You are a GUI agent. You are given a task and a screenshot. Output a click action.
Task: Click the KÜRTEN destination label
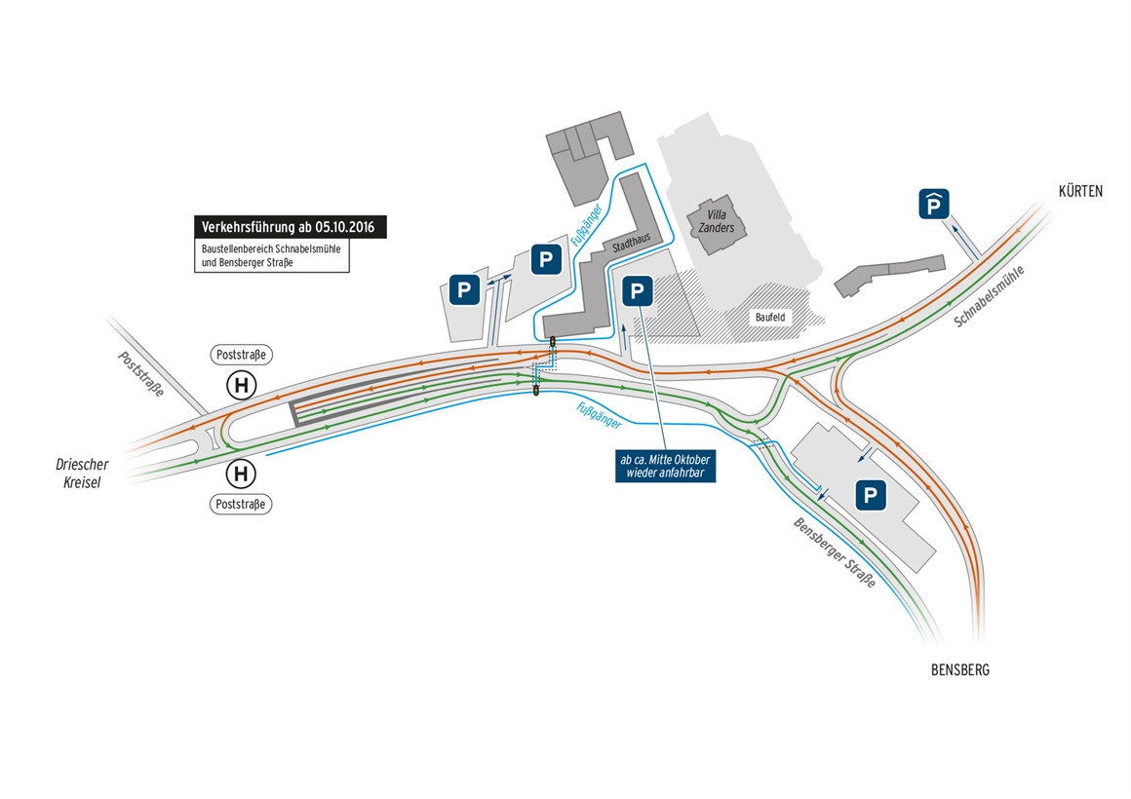(1079, 191)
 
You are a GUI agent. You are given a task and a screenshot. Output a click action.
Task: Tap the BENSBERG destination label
(960, 670)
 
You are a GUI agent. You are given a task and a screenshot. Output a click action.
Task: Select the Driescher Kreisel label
(82, 473)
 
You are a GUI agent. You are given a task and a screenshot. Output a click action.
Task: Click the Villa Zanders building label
(717, 221)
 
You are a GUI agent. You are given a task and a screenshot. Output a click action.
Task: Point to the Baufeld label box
(770, 318)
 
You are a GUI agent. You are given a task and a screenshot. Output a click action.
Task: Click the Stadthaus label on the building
(631, 243)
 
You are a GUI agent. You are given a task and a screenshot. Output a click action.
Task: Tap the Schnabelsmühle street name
(989, 296)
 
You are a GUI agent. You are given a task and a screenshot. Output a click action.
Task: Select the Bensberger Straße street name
(835, 552)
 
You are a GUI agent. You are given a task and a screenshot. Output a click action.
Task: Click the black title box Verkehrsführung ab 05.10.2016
(290, 227)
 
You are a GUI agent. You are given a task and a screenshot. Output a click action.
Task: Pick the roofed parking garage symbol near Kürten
(933, 204)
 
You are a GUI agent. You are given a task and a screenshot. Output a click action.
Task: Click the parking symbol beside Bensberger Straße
(870, 495)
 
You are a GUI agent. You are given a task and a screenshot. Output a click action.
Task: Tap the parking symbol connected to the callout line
(637, 291)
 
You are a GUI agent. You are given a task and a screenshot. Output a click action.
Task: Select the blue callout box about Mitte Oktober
(665, 466)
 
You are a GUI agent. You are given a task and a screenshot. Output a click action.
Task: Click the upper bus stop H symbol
(242, 385)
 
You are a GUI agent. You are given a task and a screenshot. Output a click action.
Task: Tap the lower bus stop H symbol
(242, 474)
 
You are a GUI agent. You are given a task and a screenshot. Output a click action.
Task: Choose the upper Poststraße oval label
(241, 355)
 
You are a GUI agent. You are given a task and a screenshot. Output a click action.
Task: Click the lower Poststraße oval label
(241, 504)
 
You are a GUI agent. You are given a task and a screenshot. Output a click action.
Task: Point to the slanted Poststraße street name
(141, 373)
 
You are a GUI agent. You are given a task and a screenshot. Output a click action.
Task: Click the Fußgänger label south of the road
(599, 416)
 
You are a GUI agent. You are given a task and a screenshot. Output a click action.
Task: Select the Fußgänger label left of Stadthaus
(586, 225)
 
